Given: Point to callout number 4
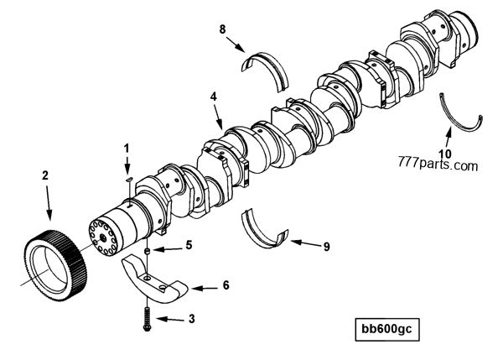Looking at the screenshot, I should point(214,97).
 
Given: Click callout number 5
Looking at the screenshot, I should point(189,246).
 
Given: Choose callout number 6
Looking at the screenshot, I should point(225,285).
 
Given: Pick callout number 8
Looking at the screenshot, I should point(222,30).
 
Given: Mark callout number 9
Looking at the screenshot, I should point(326,247).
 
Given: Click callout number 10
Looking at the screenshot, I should point(445,154).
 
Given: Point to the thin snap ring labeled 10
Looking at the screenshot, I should point(460,117).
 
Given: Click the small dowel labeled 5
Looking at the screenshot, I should point(146,250).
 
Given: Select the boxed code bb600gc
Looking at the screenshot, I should point(385,326).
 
